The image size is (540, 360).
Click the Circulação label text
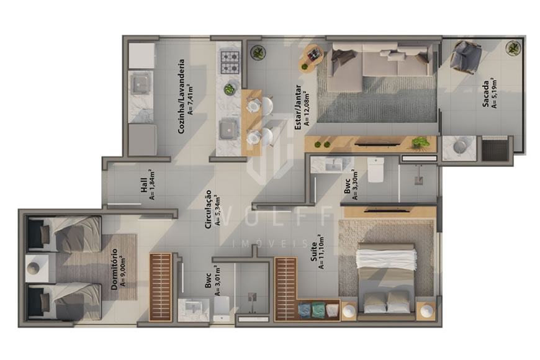click(212, 209)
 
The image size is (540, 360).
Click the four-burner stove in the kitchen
click(230, 61)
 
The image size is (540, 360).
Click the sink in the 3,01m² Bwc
click(193, 308)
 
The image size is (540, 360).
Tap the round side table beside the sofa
click(313, 58)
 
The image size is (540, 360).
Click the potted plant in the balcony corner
click(513, 47)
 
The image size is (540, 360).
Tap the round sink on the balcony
click(461, 146)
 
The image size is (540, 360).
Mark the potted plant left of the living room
click(258, 52)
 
